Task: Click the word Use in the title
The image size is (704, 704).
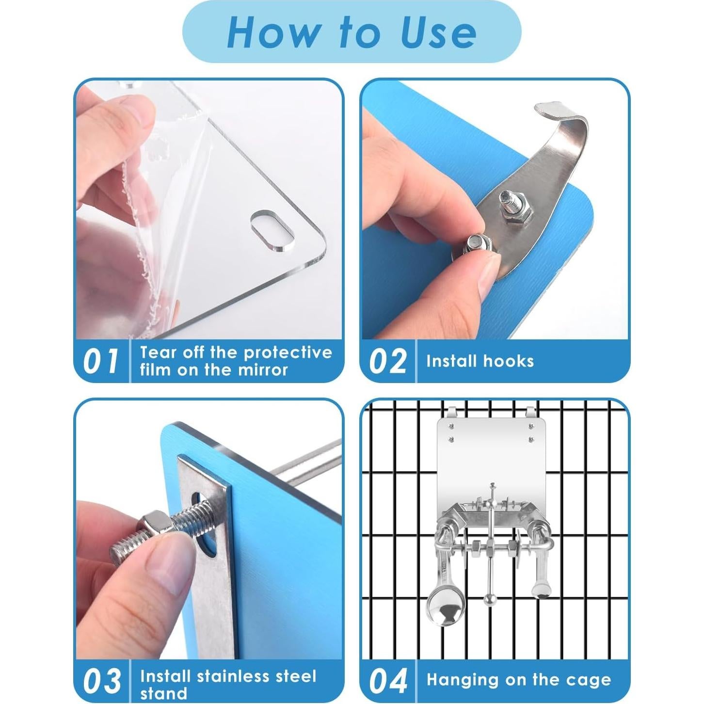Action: [439, 33]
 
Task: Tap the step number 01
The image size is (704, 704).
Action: [100, 361]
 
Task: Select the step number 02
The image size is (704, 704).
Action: [387, 361]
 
